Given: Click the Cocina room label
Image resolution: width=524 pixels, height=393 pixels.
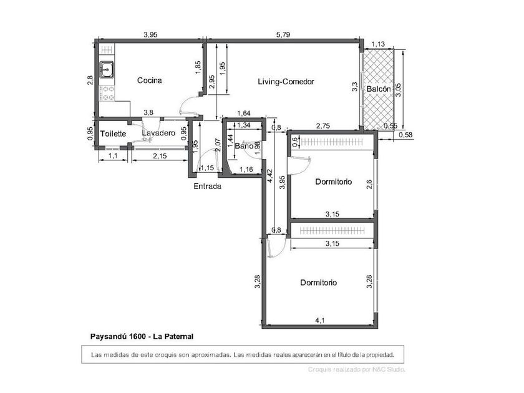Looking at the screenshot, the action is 149,80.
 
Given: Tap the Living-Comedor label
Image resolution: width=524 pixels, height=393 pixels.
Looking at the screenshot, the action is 286,82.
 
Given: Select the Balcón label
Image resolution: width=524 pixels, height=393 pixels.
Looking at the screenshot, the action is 378,89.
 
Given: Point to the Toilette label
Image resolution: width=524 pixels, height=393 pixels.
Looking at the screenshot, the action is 114,133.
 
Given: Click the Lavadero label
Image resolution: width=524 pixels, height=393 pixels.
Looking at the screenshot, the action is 158,133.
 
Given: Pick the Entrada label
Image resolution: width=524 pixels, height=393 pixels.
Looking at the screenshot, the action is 207,186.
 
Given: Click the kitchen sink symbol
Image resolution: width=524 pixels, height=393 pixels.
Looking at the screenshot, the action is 107,70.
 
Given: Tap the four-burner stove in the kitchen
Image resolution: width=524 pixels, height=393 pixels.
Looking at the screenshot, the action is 107,93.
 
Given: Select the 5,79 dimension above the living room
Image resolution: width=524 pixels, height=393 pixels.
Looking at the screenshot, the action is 283,34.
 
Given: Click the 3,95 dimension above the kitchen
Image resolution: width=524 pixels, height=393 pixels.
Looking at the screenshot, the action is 150,34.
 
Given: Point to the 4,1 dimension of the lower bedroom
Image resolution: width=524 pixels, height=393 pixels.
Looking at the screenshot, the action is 320,321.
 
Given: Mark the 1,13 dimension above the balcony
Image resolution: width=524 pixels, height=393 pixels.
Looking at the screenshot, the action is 378,44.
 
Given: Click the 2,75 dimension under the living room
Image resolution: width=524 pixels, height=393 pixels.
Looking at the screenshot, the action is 323,125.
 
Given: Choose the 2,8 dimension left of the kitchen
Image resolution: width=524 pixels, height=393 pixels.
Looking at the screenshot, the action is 90,80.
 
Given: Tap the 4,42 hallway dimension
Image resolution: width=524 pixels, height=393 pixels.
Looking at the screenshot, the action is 270,176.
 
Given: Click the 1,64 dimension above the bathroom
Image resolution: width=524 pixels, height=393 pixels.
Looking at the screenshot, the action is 244,114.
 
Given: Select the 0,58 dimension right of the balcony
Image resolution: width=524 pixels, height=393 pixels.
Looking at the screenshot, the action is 405,135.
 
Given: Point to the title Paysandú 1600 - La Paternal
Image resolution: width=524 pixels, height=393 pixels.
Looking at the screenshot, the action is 142,336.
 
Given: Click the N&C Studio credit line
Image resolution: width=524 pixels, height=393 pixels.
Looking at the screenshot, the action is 357,369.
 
